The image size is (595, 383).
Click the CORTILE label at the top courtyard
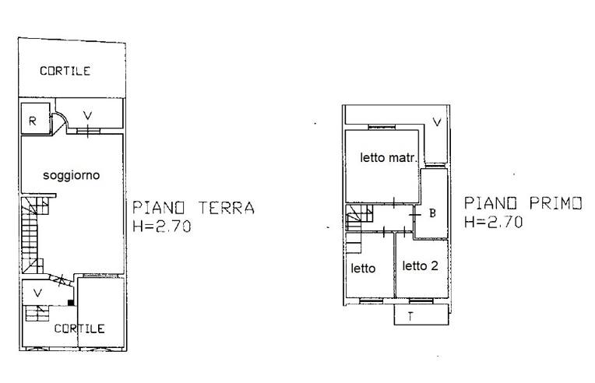(65, 71)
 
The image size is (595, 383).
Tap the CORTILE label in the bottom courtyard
(79, 329)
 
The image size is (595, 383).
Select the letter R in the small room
(33, 121)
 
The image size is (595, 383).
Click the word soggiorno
(72, 175)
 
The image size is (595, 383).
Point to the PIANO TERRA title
(193, 208)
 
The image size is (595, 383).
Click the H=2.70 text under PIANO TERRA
(162, 227)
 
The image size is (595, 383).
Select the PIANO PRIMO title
(523, 203)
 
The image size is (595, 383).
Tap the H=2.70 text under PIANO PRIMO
(494, 222)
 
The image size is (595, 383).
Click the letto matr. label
(389, 157)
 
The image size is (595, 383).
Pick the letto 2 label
(421, 265)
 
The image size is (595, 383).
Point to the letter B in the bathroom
(432, 213)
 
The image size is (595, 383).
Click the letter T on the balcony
(410, 316)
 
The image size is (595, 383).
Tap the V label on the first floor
(437, 121)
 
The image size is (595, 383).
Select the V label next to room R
(88, 115)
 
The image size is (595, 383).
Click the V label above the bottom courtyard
(37, 293)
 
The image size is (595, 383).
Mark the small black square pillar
(71, 302)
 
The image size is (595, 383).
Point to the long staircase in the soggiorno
(32, 235)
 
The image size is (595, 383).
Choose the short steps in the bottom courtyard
(37, 313)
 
